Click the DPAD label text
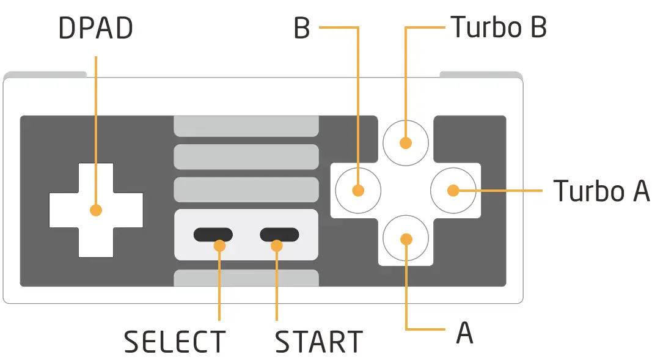click(96, 28)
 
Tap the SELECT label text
click(175, 342)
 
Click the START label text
click(319, 342)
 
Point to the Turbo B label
click(499, 27)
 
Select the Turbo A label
click(601, 191)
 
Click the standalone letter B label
click(302, 28)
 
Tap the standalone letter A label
click(464, 332)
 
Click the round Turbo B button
click(405, 143)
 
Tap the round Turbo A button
click(453, 191)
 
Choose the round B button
click(358, 191)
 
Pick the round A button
click(405, 238)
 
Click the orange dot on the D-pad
click(96, 210)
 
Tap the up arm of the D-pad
click(96, 178)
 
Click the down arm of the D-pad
click(96, 243)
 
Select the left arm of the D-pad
click(64, 210)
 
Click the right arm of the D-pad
click(128, 210)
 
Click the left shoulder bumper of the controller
click(45, 75)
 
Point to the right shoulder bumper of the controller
click(481, 75)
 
